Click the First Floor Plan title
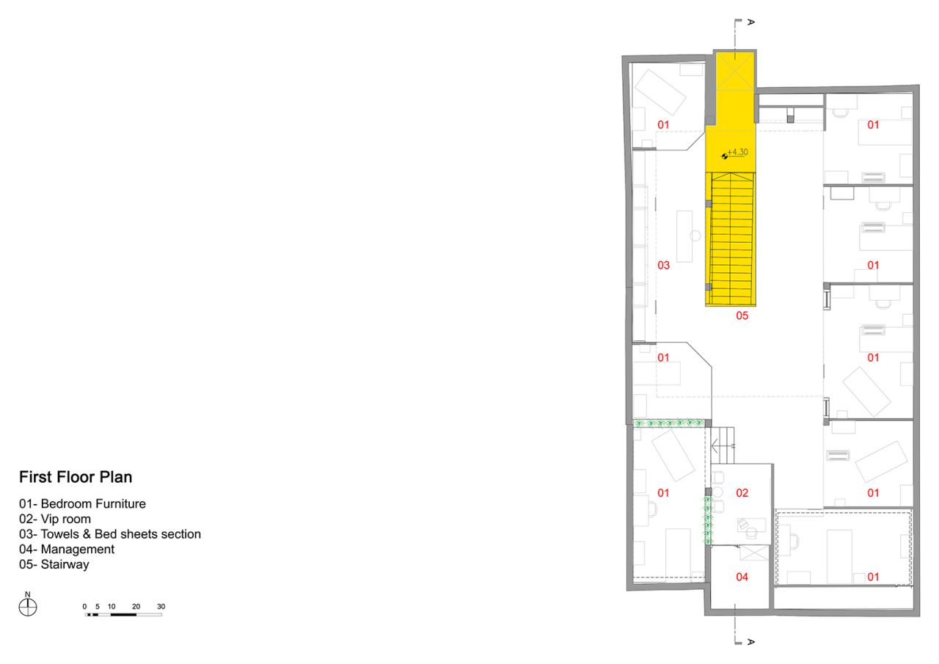pos(76,477)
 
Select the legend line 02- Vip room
pos(55,519)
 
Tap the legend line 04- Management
pos(67,549)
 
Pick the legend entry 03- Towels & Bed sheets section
pos(110,534)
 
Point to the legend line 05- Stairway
pos(54,564)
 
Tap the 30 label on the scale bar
pos(161,607)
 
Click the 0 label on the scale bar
pos(84,607)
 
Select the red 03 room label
pos(664,266)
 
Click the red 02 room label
pos(742,493)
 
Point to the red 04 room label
pos(742,577)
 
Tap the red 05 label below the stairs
pos(742,315)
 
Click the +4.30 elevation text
pos(737,152)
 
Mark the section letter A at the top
pos(750,22)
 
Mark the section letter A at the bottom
pos(750,642)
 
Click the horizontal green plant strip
pos(668,423)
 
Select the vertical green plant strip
pos(708,520)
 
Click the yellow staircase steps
pos(732,239)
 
